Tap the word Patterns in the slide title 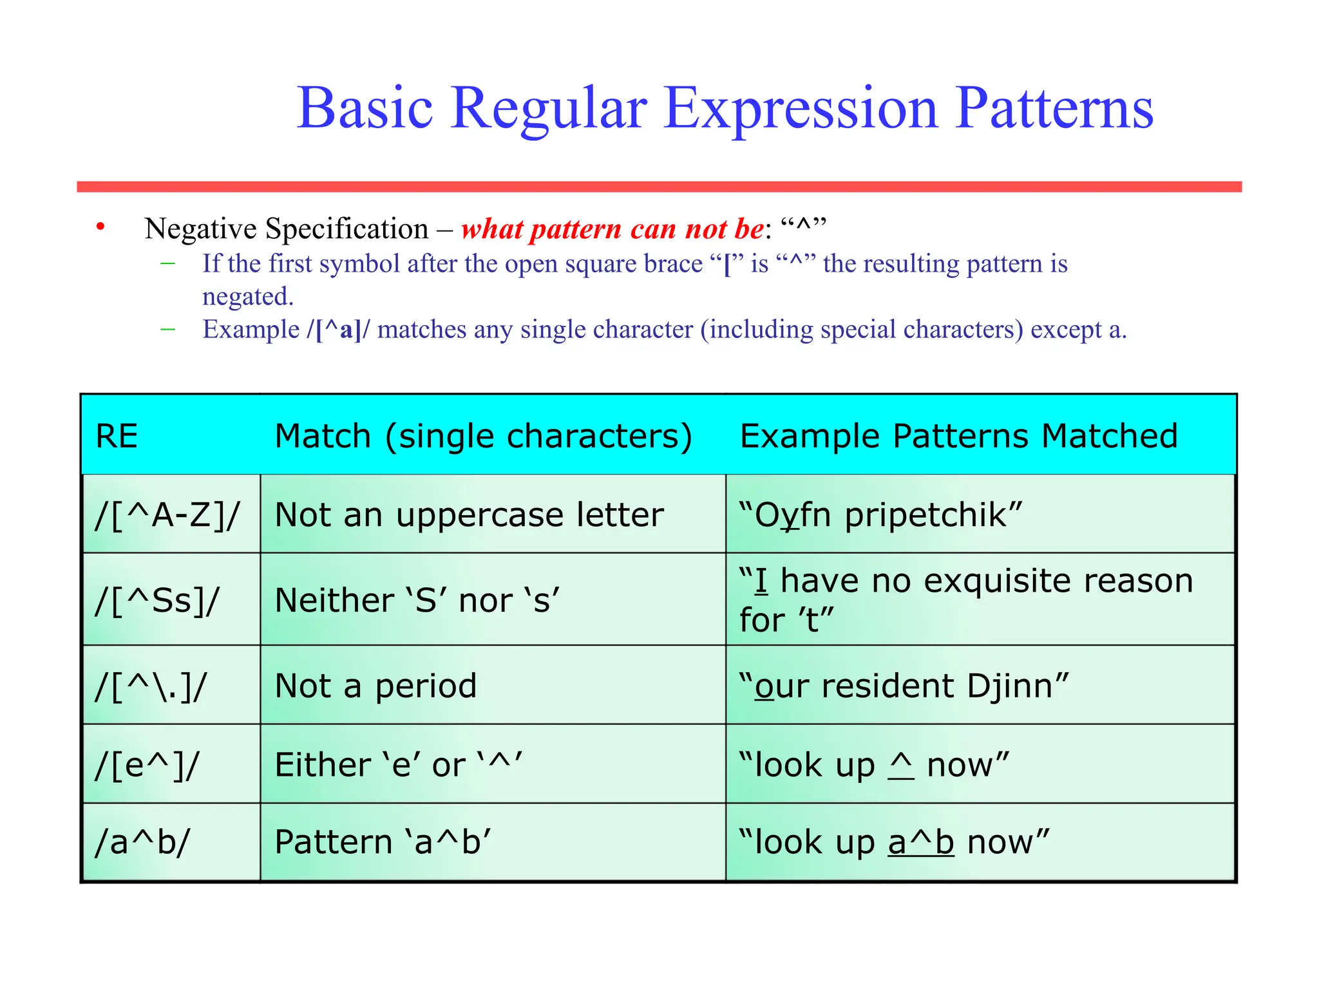pyautogui.click(x=1054, y=108)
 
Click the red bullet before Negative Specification pyautogui.click(x=100, y=227)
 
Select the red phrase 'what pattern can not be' pyautogui.click(x=612, y=229)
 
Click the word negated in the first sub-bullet pyautogui.click(x=247, y=297)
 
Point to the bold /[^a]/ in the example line pyautogui.click(x=338, y=330)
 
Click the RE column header pyautogui.click(x=117, y=436)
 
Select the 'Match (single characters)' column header pyautogui.click(x=483, y=436)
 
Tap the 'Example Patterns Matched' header pyautogui.click(x=958, y=436)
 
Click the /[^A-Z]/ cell pyautogui.click(x=167, y=515)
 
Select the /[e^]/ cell pyautogui.click(x=147, y=765)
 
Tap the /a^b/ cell pyautogui.click(x=142, y=842)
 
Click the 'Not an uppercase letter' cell pyautogui.click(x=469, y=515)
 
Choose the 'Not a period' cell pyautogui.click(x=375, y=686)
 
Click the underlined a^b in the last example pyautogui.click(x=920, y=842)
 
